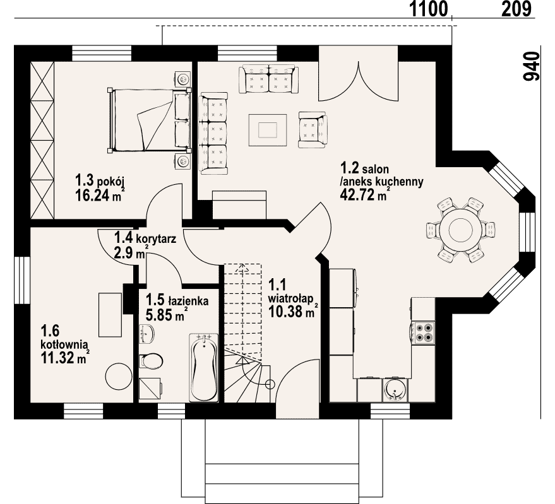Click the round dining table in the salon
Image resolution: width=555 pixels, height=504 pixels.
coord(460,230)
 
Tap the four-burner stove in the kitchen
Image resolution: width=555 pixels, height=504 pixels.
coord(424,333)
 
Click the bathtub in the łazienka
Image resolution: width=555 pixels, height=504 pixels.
coord(203,368)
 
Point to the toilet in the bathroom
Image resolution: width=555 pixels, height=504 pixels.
coord(151,361)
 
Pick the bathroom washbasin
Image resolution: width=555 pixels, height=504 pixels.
coord(147,334)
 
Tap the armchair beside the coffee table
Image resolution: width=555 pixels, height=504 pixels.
coord(313,130)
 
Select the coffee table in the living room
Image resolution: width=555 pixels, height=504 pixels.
coord(268,130)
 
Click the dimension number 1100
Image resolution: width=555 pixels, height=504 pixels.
coord(428,9)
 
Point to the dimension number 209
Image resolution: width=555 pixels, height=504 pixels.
coord(516,9)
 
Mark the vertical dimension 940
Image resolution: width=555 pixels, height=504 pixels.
coord(531,66)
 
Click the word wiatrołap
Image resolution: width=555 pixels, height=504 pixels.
coord(290,298)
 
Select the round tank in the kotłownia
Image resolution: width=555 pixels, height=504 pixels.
coord(119,377)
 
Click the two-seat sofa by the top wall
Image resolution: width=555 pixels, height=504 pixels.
coord(267,79)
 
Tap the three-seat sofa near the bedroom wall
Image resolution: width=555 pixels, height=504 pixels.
coord(214,134)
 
